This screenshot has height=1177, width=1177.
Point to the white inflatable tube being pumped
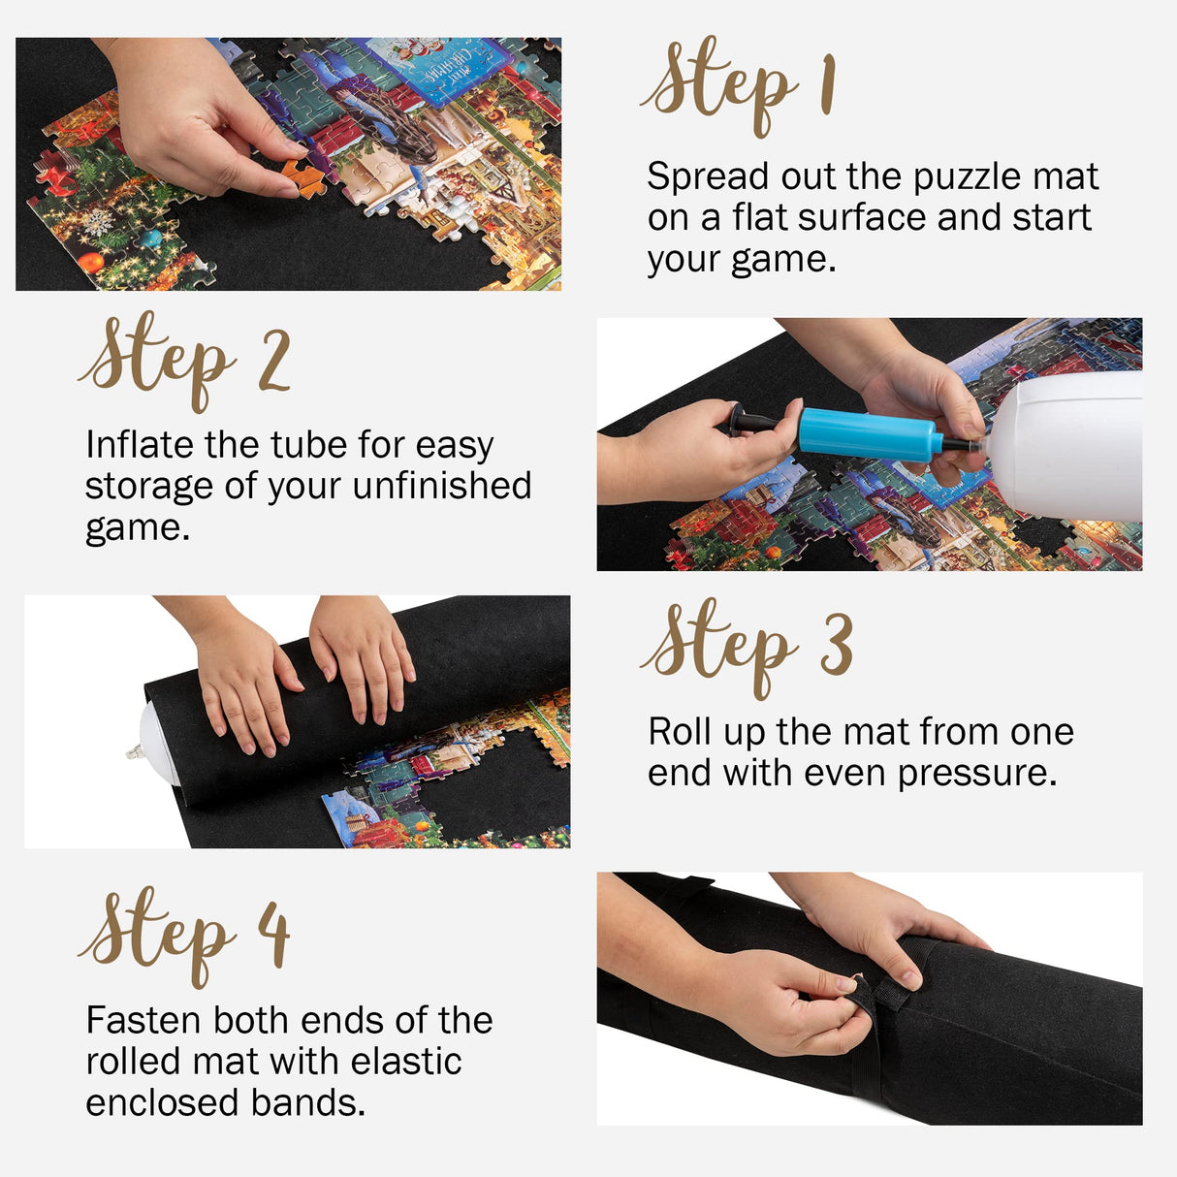(x=1066, y=446)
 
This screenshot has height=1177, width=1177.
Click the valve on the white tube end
(x=137, y=749)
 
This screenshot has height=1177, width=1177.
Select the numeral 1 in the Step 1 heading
(x=827, y=85)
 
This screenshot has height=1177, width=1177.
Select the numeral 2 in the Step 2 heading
(x=274, y=362)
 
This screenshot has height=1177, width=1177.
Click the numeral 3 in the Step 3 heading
(x=836, y=645)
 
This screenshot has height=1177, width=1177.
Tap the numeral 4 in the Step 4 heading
(x=274, y=933)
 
